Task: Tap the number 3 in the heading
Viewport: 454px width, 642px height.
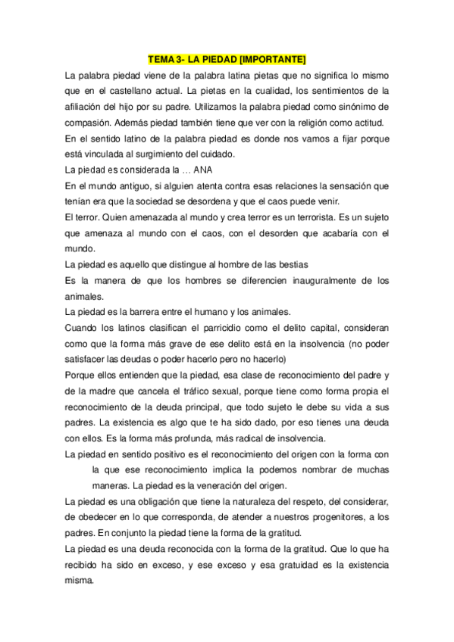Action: click(176, 58)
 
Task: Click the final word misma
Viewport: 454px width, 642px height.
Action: click(80, 581)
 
